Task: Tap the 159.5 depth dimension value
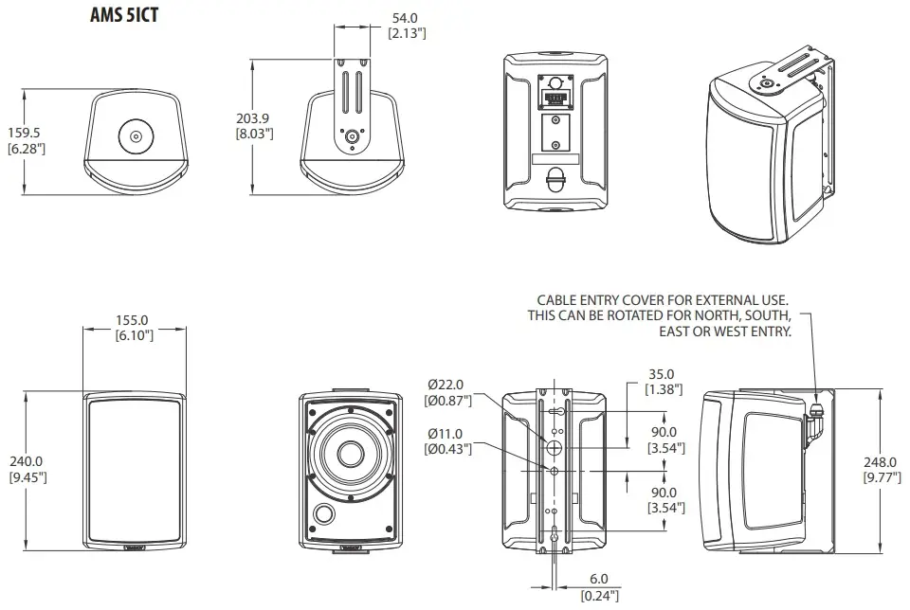(x=25, y=134)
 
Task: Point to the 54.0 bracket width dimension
(x=406, y=17)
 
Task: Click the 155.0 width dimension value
(x=134, y=320)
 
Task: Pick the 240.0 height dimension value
(x=26, y=461)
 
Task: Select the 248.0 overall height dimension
(x=880, y=461)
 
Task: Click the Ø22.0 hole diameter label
(x=446, y=385)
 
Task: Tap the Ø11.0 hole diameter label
(x=446, y=433)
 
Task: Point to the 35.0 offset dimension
(x=662, y=374)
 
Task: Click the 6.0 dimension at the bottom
(x=599, y=580)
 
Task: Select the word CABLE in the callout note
(x=560, y=299)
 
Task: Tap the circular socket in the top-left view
(x=136, y=137)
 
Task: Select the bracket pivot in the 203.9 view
(x=354, y=135)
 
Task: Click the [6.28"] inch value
(x=25, y=150)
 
